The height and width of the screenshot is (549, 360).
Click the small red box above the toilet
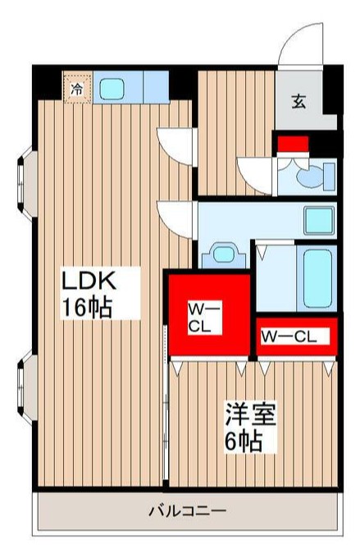pos(292,145)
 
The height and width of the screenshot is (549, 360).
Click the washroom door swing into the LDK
pos(176,216)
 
